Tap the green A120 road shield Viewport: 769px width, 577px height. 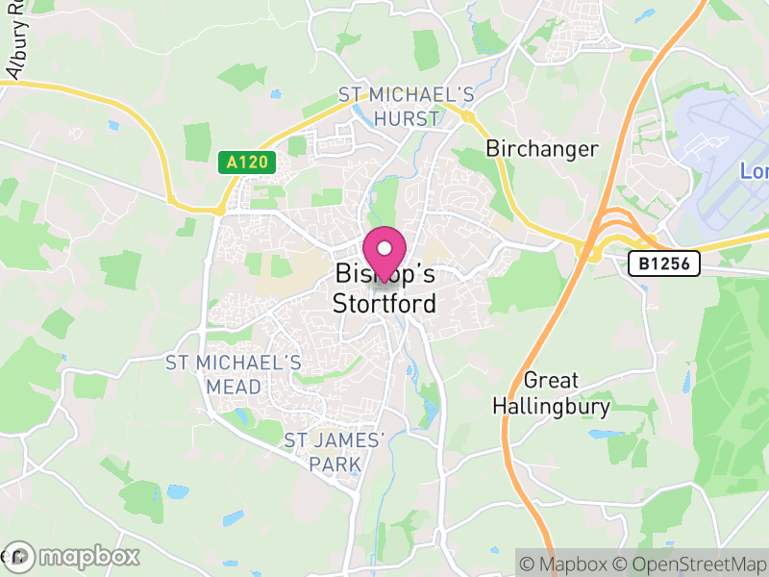(246, 163)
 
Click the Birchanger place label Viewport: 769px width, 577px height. (542, 149)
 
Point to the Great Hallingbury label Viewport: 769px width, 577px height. (551, 394)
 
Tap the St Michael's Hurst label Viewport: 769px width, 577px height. (407, 107)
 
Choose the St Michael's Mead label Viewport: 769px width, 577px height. (234, 375)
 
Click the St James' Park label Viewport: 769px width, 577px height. (335, 452)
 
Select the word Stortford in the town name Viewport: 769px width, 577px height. (384, 304)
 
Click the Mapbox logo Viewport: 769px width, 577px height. (73, 556)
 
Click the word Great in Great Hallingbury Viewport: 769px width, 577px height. (551, 381)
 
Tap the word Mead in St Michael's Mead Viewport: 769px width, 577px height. (234, 387)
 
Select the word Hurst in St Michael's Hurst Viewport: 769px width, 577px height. (407, 119)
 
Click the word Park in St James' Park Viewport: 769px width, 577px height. (335, 464)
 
